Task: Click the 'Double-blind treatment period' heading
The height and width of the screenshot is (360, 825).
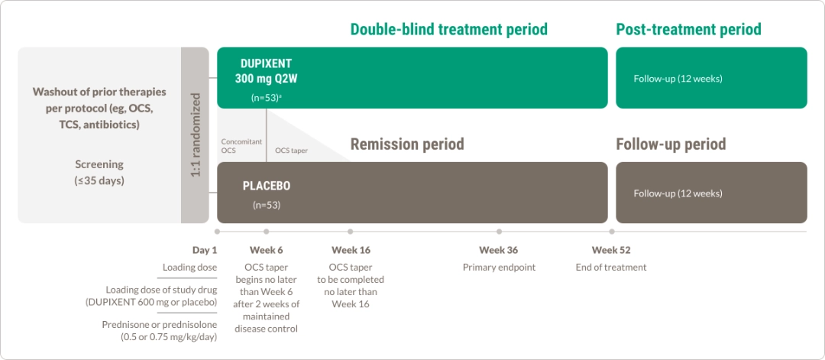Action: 449,29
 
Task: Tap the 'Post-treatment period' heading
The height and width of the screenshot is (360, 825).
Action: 689,29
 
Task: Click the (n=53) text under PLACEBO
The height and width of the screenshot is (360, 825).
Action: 267,206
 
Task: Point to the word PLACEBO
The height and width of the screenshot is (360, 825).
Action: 267,186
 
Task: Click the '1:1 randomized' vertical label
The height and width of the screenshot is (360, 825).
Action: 196,135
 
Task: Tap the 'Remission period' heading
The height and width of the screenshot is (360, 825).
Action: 407,144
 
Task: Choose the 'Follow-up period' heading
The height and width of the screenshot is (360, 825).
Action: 671,144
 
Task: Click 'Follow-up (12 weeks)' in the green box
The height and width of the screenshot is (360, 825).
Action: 678,79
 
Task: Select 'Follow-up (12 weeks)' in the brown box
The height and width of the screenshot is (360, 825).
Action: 678,193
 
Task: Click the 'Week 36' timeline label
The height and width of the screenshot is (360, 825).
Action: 498,250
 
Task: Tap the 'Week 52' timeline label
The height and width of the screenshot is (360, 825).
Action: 611,250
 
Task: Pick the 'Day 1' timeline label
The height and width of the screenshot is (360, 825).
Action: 205,250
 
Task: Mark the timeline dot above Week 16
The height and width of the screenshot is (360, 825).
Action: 351,232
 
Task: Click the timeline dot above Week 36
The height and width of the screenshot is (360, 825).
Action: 499,232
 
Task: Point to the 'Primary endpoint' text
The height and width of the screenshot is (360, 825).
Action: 499,268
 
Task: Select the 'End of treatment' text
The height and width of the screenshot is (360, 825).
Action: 611,268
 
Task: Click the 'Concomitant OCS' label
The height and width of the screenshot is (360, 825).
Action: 241,146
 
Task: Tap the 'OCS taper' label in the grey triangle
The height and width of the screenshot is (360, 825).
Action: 291,151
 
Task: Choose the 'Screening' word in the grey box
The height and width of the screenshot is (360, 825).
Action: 99,164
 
